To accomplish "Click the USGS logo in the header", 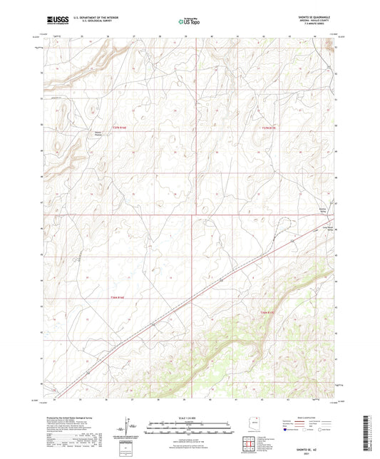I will click(x=52, y=21).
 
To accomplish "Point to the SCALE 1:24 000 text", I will click(x=190, y=417).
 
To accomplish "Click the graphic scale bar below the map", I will click(x=190, y=428).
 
